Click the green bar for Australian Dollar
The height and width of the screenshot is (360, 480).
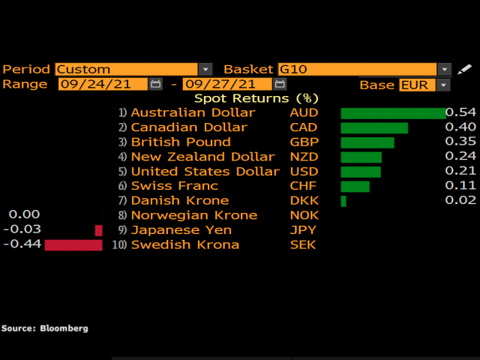point(393,113)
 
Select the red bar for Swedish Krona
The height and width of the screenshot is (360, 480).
point(73,245)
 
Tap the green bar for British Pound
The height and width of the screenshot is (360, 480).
point(367,142)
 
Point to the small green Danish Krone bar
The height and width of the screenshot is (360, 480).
point(343,201)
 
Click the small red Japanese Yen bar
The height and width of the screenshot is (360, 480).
point(98,230)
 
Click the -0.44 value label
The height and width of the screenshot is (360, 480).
point(22,244)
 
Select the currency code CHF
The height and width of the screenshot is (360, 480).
point(304,186)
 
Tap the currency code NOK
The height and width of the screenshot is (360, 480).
point(304,215)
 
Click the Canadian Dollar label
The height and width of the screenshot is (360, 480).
point(188,127)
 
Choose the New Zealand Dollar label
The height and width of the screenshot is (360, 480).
point(202,157)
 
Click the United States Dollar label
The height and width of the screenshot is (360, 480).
point(205,172)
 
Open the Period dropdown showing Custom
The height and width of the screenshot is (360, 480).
point(133,69)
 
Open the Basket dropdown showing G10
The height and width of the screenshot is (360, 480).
point(364,69)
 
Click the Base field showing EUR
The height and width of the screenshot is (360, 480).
point(424,85)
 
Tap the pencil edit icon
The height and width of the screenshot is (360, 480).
point(465,69)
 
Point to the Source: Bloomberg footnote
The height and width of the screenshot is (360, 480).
point(44,328)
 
